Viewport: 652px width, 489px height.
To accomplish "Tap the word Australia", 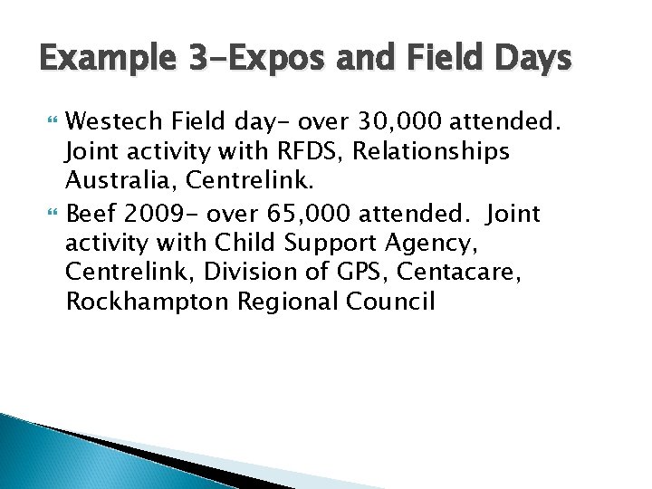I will point(113,181).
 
